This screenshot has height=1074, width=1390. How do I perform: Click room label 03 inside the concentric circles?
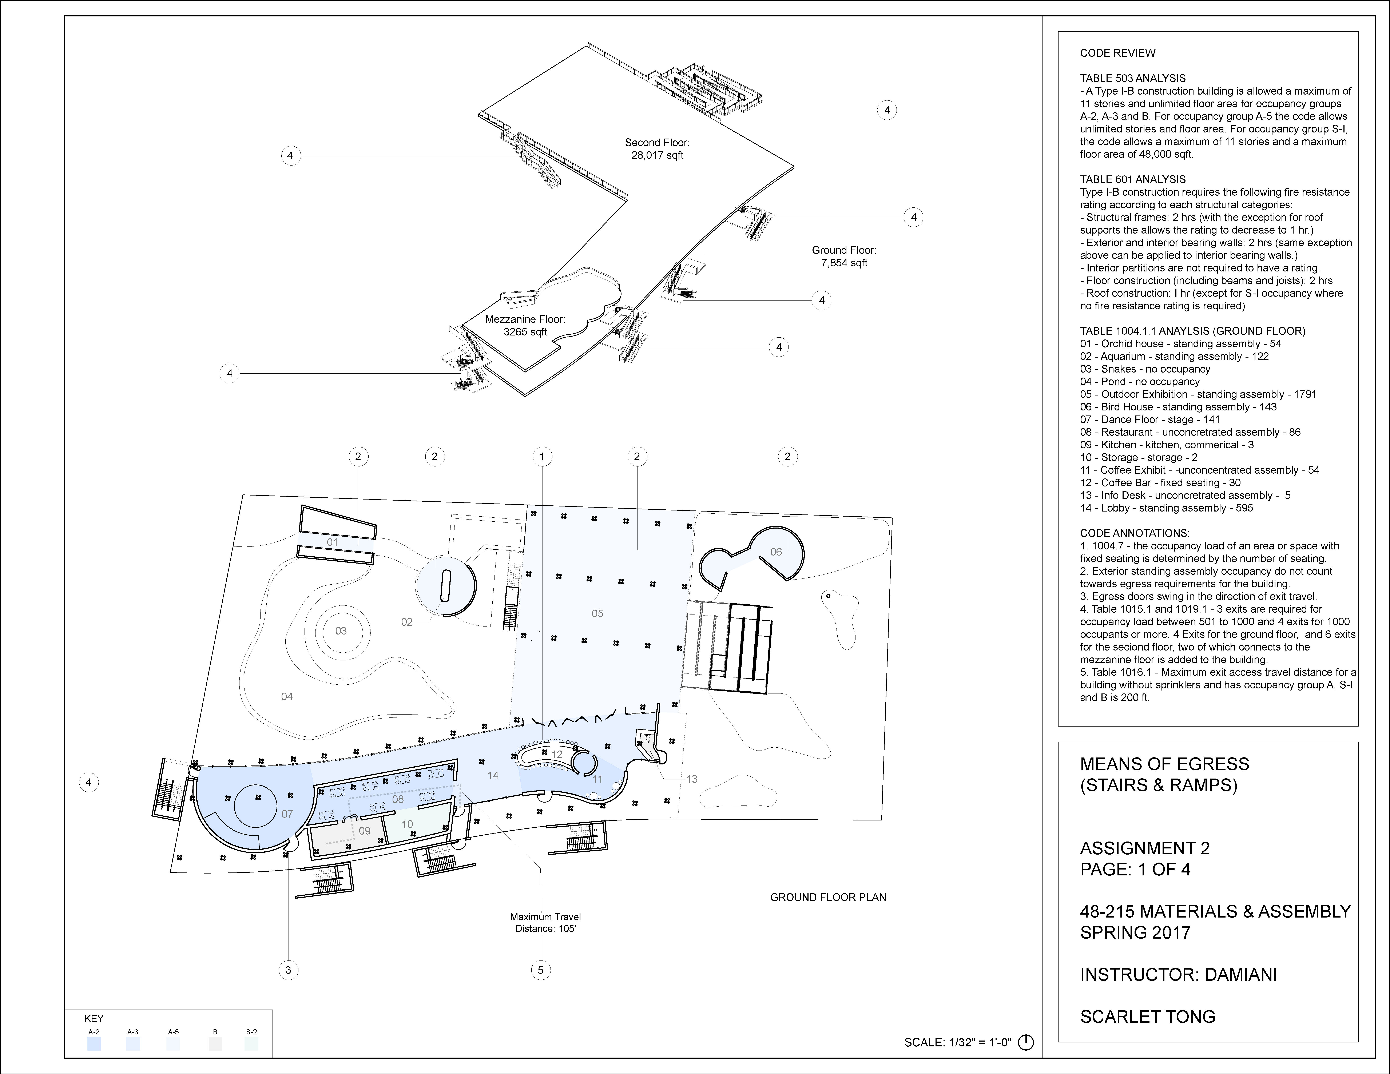pos(341,631)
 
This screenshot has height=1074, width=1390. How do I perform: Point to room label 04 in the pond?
pos(287,697)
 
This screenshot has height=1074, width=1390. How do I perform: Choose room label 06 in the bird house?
pos(776,552)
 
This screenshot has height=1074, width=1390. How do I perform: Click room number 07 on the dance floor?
pos(287,814)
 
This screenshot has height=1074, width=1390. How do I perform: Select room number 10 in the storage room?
pos(407,824)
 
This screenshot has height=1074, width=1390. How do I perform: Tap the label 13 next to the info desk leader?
pos(692,779)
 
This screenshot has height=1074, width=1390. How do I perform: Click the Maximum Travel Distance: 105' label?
pos(545,923)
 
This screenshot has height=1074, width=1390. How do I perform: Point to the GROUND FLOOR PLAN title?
pos(828,897)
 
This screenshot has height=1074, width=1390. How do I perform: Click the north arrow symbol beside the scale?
pos(1026,1042)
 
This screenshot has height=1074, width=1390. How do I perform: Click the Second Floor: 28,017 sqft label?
pos(657,149)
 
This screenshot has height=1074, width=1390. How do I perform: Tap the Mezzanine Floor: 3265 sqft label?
pos(525,325)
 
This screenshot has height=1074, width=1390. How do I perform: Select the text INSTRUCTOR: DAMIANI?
pos(1178,975)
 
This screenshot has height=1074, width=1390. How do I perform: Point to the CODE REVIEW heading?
pos(1118,53)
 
